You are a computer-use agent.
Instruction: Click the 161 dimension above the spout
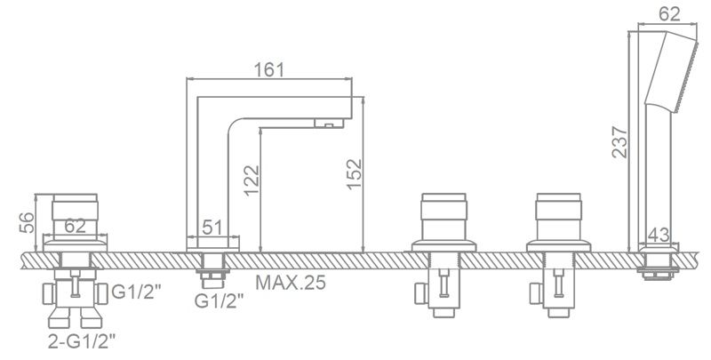269,70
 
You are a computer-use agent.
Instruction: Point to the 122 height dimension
252,180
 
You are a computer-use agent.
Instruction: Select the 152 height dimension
354,174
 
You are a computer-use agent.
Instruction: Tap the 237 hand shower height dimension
619,142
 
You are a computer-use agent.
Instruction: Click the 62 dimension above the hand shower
669,14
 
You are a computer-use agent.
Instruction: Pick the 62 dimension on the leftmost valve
75,226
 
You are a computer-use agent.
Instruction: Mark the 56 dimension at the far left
28,222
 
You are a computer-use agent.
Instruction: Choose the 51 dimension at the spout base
212,227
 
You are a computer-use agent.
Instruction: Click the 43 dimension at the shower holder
659,235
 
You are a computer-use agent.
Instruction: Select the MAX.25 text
291,283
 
